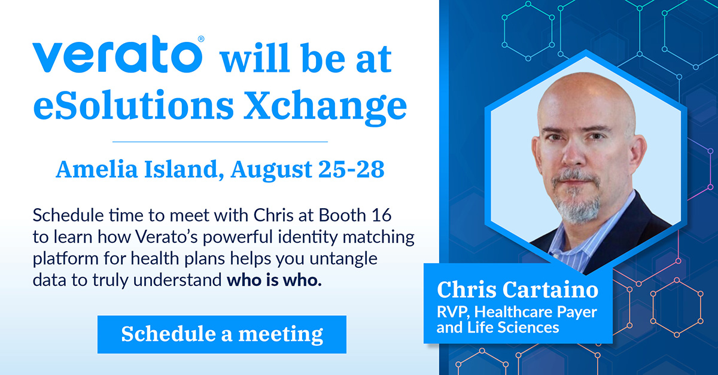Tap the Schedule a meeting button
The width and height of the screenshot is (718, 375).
[222, 334]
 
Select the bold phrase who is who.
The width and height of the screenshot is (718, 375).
[274, 281]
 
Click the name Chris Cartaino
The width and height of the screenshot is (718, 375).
[517, 290]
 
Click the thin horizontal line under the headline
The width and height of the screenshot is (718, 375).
[220, 142]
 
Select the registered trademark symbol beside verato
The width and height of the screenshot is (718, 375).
[201, 39]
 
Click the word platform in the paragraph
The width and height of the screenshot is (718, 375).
[60, 259]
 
